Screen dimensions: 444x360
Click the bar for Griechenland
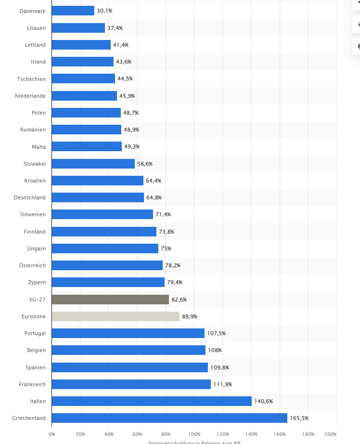[169, 418]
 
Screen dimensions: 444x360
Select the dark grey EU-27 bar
[110, 300]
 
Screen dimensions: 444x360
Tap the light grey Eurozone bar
[116, 316]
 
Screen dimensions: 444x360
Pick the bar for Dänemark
[73, 11]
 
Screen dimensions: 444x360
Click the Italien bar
[151, 401]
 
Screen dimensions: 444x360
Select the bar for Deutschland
[98, 197]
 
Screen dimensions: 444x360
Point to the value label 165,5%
[299, 418]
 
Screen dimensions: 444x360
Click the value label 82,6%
[179, 300]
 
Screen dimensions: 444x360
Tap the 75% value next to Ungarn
[166, 248]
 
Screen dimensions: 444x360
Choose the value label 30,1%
[104, 11]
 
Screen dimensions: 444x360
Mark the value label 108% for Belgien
[215, 350]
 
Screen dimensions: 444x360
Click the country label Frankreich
[32, 384]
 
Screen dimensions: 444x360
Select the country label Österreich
[32, 265]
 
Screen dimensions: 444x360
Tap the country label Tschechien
[32, 78]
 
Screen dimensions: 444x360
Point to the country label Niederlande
[30, 96]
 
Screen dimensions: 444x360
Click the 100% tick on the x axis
[194, 433]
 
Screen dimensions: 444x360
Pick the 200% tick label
[331, 433]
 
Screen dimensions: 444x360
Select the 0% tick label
[52, 433]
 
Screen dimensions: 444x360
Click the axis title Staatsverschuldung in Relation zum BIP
[194, 442]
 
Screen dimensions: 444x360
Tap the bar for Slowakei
[93, 164]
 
